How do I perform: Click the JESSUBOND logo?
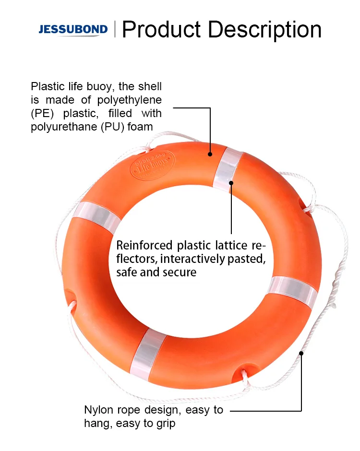[x=72, y=30]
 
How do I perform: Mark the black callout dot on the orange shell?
[x=210, y=154]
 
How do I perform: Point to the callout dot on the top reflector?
[x=231, y=182]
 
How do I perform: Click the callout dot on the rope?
[x=301, y=353]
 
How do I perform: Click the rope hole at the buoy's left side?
[x=72, y=296]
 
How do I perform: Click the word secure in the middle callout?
[x=180, y=273]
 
